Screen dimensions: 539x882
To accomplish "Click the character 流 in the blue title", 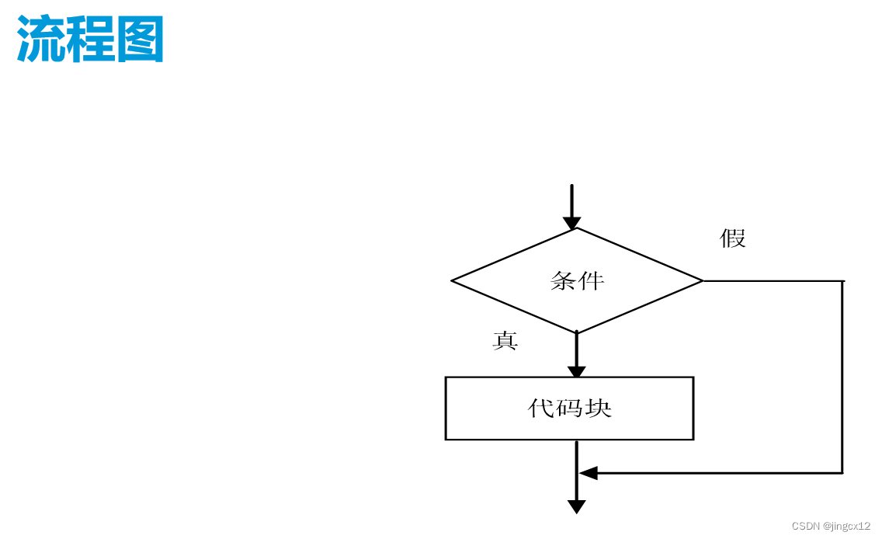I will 40,40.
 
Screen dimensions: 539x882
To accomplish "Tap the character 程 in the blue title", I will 90,40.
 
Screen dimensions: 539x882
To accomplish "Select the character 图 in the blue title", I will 141,40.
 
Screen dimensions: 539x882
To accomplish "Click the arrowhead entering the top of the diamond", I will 571,223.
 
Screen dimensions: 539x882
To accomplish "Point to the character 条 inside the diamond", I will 564,280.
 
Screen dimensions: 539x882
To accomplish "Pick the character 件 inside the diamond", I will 592,280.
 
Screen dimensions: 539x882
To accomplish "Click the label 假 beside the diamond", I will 732,238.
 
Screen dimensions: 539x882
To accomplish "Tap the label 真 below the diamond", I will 505,340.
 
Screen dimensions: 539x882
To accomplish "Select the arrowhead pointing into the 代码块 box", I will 577,370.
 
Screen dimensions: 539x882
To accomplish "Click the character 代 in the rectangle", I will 541,408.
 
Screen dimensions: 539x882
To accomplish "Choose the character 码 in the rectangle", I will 570,408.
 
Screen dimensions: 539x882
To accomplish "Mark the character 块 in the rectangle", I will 599,408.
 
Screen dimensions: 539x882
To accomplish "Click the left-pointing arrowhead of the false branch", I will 588,473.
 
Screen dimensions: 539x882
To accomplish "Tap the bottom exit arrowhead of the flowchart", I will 576,506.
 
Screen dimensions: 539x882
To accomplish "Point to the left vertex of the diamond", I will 452,280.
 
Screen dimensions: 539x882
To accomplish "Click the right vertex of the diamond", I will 703,280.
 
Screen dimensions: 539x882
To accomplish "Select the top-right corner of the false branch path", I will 842,280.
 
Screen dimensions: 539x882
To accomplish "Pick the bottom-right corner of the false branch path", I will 842,473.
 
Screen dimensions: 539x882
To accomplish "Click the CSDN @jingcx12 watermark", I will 831,526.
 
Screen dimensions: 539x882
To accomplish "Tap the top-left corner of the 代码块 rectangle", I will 446,377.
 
